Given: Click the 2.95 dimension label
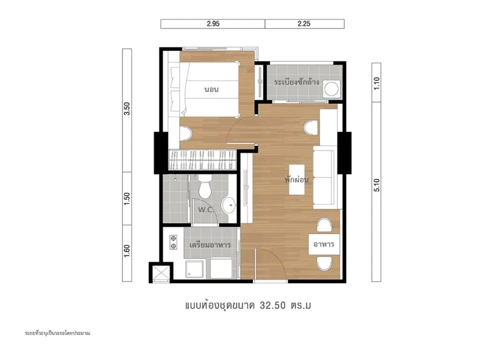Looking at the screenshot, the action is tap(213, 24).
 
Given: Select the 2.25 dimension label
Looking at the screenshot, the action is tap(304, 24).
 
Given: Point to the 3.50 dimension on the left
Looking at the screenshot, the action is tap(127, 109).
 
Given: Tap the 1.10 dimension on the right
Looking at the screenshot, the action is tap(376, 84).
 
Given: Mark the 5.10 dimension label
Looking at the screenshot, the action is tap(376, 185).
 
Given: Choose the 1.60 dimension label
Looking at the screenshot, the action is tap(127, 251).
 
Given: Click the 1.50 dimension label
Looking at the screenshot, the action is tap(127, 199).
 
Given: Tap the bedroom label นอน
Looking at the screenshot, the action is tap(211, 90).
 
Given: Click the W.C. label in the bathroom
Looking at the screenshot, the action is tap(206, 210).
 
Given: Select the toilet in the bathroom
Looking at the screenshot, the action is tap(205, 186).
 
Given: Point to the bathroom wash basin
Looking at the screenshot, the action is tap(228, 205).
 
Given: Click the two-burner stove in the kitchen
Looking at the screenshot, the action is tap(173, 242).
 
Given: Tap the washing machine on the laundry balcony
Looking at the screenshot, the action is tap(331, 89).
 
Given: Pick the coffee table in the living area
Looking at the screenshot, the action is tap(297, 180).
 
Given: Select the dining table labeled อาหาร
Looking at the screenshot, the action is tap(324, 244).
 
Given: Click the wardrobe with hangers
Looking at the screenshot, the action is tap(202, 159).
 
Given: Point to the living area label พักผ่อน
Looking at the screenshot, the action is tap(297, 180).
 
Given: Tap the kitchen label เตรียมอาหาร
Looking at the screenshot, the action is tap(210, 245).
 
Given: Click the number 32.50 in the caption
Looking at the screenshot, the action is tap(273, 306).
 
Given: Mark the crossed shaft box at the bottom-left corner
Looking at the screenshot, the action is tap(161, 272).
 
